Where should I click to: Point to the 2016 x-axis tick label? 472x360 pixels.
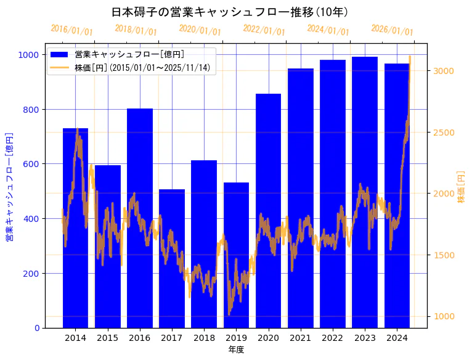point(140,338)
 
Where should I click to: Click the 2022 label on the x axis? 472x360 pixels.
point(333,338)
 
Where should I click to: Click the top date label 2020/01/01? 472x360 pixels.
point(200,30)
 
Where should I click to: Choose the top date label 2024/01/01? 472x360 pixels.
point(328,30)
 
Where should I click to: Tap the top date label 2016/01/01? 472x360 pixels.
point(71,30)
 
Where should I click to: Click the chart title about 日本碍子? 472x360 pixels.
point(230,12)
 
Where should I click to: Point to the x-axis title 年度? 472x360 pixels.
point(236,350)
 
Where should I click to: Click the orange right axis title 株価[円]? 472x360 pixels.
point(462,188)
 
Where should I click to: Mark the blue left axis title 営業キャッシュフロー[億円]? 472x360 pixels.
point(9,187)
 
